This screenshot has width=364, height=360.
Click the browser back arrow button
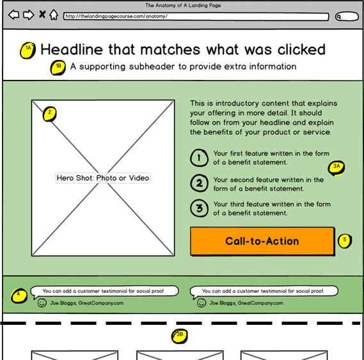point(13,15)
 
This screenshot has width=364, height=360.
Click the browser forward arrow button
point(29,15)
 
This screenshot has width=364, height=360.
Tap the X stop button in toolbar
point(42,15)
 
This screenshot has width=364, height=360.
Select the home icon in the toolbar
point(54,15)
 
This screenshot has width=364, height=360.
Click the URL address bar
point(196,17)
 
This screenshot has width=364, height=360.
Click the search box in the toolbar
point(347,17)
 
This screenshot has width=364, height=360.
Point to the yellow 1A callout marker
point(28,50)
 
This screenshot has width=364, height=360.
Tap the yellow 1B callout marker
point(58,68)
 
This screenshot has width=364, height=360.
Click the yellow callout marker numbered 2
point(49,114)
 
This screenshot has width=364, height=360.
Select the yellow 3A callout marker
point(336,168)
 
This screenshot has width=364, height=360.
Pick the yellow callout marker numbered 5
point(345,241)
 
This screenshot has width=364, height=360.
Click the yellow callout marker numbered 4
point(19,295)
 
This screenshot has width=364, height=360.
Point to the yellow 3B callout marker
point(180,336)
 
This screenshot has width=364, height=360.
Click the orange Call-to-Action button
point(262,242)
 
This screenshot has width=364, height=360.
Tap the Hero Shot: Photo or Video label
point(103,178)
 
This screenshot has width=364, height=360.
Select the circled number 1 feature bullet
point(199,158)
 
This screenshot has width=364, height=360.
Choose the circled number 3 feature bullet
point(199,208)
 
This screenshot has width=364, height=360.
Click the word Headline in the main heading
point(72,49)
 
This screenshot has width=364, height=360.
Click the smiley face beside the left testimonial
point(42,303)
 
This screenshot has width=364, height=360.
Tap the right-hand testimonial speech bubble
point(264,292)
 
